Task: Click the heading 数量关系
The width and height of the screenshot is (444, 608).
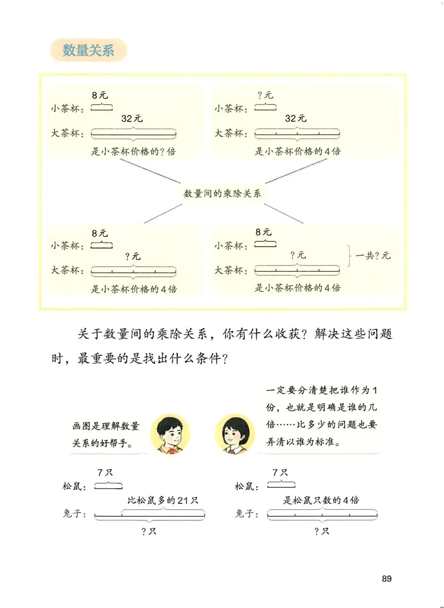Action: point(88,50)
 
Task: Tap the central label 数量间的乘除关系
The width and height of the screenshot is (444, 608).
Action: point(222,193)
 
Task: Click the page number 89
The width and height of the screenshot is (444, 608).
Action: point(386,578)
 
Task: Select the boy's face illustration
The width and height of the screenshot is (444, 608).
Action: point(169,434)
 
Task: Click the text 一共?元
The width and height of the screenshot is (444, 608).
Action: point(372,256)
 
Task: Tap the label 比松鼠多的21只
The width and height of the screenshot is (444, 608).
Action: point(163,500)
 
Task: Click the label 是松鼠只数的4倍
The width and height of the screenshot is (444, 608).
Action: point(321,500)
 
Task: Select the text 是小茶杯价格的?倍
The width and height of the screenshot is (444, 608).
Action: point(133,151)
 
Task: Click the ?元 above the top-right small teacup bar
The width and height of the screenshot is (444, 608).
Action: point(265,96)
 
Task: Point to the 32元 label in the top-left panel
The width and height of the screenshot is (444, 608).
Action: point(132,119)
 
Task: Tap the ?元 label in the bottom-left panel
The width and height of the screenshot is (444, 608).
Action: point(133,256)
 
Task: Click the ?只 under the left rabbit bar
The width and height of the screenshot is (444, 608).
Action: point(149,531)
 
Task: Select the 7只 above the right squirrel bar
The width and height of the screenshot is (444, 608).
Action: point(280,473)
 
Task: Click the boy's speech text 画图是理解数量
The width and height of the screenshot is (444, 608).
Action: point(106,426)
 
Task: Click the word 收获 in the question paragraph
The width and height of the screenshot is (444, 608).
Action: point(288,334)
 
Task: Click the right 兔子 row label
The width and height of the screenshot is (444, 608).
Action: point(246,514)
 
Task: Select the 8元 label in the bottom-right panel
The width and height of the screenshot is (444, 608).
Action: point(264,232)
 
